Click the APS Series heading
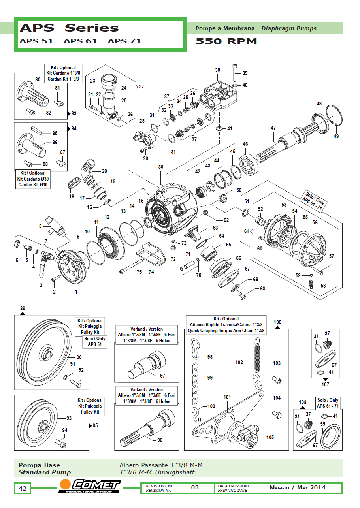70,28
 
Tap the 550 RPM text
226,41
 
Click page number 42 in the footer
23,489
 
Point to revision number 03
195,487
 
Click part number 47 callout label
273,128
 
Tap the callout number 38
217,70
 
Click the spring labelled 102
257,356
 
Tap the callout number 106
278,322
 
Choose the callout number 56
315,223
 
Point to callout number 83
74,114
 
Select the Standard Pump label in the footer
45,472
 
